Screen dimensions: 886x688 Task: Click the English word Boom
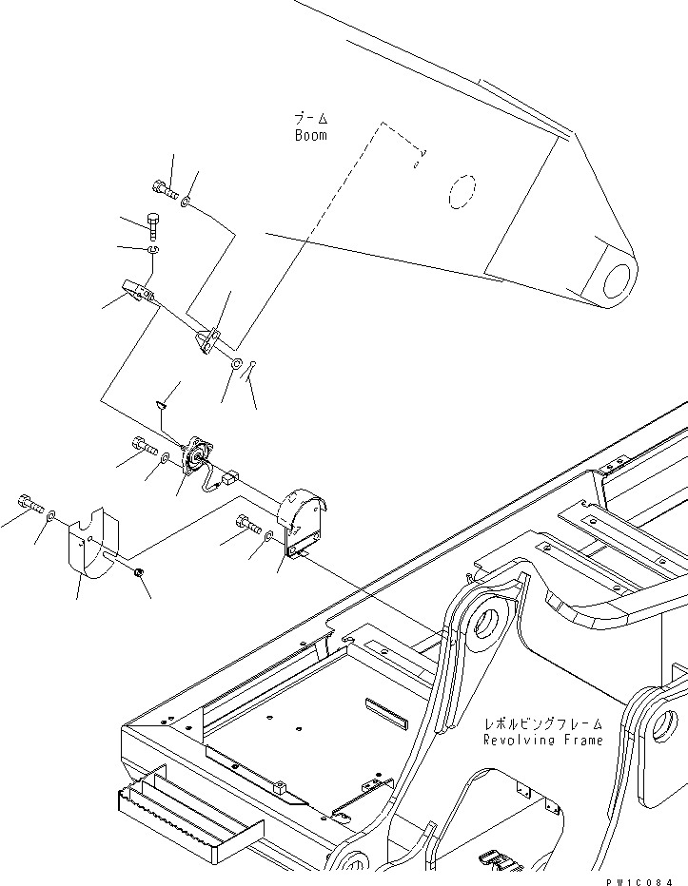click(x=310, y=135)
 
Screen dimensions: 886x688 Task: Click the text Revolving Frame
click(x=542, y=740)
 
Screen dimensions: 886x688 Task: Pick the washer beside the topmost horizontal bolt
click(x=186, y=202)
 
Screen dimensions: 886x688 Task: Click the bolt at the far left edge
click(x=29, y=504)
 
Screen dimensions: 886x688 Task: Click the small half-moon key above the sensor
click(x=162, y=406)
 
